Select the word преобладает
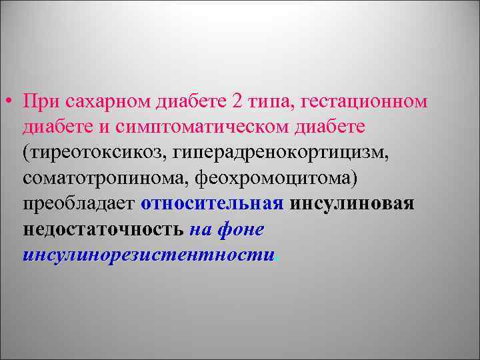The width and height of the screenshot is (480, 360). pos(79,204)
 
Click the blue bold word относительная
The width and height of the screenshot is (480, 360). pos(212,204)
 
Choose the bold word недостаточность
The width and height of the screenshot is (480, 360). pos(103,230)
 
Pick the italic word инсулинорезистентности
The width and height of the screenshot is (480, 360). pos(148,255)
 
